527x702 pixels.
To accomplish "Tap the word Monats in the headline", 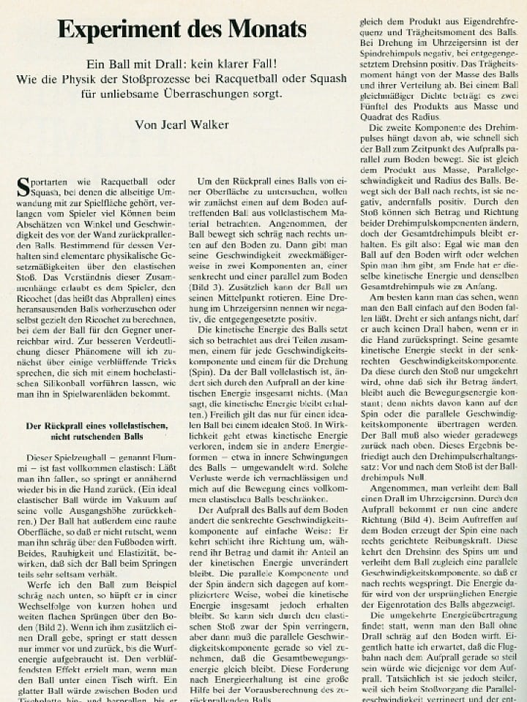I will point(266,29).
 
